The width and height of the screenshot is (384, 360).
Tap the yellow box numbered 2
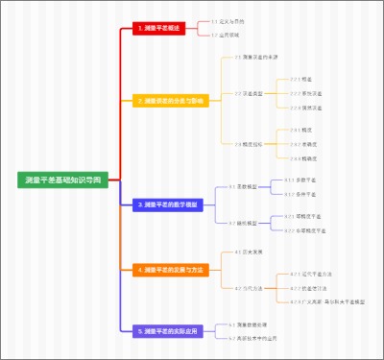(170, 100)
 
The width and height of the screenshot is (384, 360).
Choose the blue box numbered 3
(169, 204)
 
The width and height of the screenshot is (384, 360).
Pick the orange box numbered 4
(169, 270)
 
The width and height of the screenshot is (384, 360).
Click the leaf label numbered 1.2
(225, 35)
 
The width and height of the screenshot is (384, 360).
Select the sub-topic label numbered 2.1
(255, 58)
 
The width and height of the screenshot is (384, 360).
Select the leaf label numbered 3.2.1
(304, 217)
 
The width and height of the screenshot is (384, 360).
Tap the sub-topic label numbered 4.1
(248, 252)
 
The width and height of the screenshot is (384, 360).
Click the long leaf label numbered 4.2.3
(326, 301)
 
